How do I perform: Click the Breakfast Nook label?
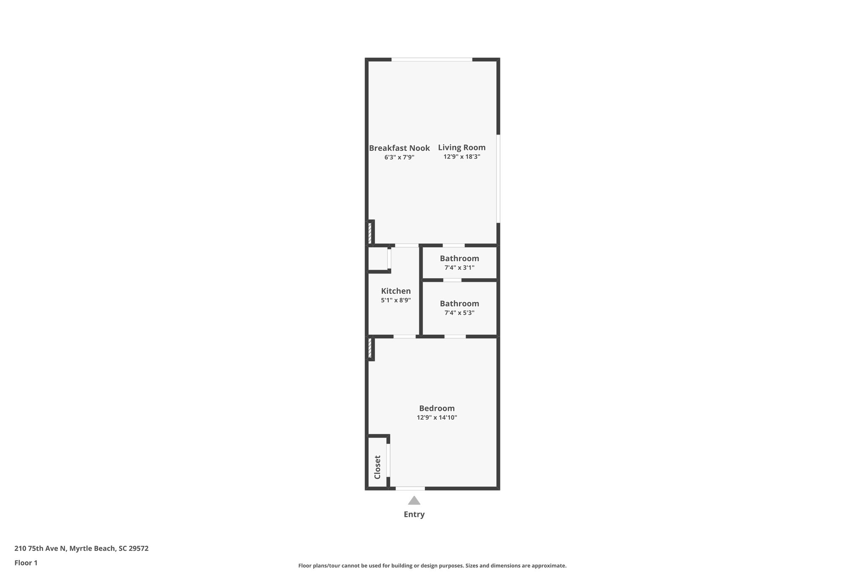click(x=399, y=148)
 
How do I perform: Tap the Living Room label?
click(x=462, y=148)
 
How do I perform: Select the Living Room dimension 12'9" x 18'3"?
click(x=462, y=157)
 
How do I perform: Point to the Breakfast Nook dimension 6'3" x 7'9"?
click(x=399, y=157)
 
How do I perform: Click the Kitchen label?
click(x=396, y=291)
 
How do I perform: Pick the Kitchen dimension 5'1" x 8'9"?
click(x=396, y=300)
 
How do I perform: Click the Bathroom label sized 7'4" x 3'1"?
click(x=459, y=258)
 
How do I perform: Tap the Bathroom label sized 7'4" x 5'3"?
click(x=459, y=304)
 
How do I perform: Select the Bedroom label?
click(x=437, y=408)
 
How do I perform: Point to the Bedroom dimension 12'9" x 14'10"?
click(x=437, y=418)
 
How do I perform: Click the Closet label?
click(x=378, y=467)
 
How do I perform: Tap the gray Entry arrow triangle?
click(x=414, y=501)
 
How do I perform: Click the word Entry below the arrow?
click(x=414, y=514)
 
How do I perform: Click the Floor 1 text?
click(x=26, y=563)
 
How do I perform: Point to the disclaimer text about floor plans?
click(x=432, y=566)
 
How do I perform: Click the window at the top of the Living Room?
click(x=432, y=60)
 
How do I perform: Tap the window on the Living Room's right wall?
click(x=498, y=178)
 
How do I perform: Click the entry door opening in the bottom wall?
click(x=410, y=489)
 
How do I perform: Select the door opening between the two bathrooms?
click(x=452, y=280)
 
